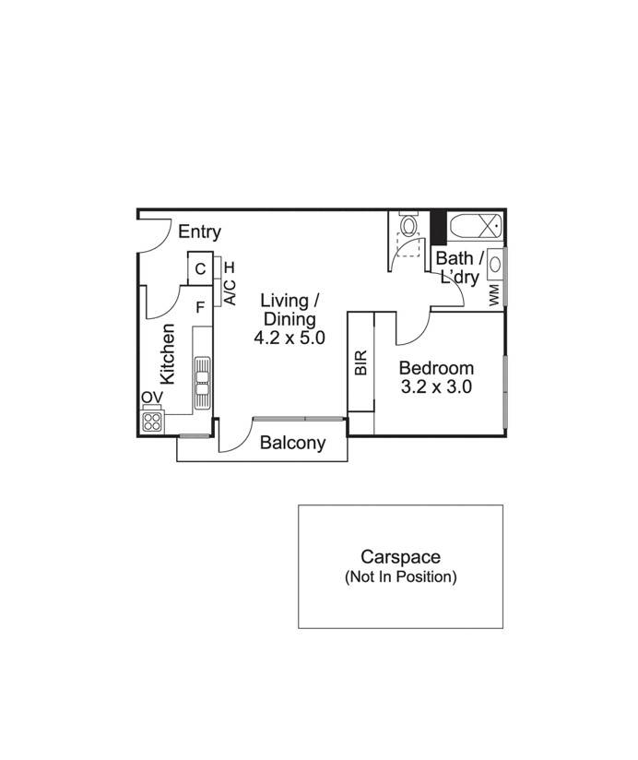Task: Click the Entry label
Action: coord(199,232)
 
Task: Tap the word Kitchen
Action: coord(168,353)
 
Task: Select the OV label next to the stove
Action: coord(152,398)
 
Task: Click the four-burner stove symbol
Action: coord(153,422)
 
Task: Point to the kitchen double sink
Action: coord(202,382)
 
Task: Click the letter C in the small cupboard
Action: coord(199,269)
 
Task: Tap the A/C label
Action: coord(230,292)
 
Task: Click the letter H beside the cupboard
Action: coord(230,267)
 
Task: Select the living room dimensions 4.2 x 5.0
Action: coord(289,338)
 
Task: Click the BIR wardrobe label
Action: coord(360,362)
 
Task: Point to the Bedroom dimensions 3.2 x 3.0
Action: coord(435,387)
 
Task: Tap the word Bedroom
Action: coord(436,368)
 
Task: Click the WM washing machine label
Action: coord(494,295)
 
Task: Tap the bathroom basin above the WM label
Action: coord(496,265)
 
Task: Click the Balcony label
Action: coord(292,443)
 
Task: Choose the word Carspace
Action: coord(400,557)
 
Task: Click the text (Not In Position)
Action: coord(400,577)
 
